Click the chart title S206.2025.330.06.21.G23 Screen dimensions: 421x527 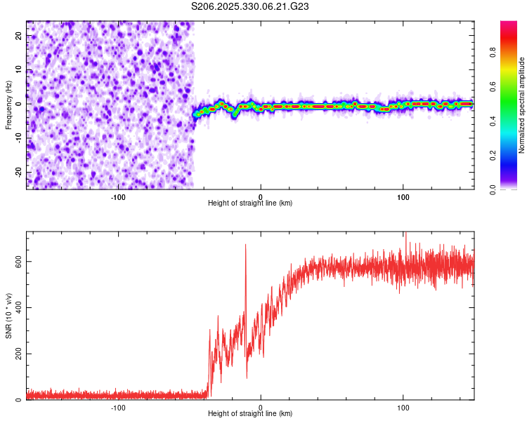[251, 6]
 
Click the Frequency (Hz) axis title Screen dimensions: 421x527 [8, 105]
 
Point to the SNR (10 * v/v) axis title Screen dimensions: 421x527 [8, 316]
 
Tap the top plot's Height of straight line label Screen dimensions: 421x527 [250, 203]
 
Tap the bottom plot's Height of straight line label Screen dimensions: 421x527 [250, 414]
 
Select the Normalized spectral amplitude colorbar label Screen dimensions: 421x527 [522, 105]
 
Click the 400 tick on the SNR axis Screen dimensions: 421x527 [16, 307]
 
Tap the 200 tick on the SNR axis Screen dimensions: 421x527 [16, 354]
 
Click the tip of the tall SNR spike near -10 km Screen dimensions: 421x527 [245, 244]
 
